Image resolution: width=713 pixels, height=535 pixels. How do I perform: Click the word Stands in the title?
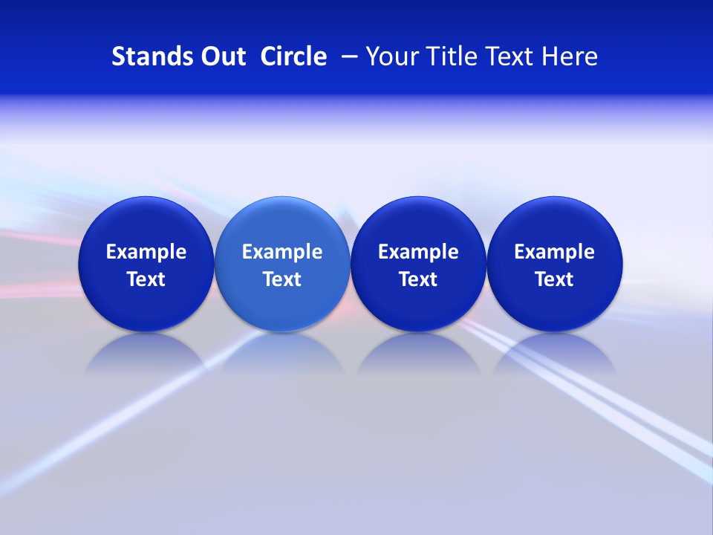tap(146, 56)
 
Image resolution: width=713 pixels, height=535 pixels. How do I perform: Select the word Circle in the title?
tap(293, 56)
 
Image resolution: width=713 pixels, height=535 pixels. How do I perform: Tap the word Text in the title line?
tap(506, 56)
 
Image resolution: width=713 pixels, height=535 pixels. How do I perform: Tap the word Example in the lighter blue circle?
tap(282, 252)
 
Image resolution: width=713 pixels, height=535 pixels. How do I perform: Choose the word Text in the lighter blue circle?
tap(282, 279)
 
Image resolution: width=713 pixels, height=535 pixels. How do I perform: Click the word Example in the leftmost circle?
tap(146, 252)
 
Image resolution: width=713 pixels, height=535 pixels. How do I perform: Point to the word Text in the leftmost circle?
tap(146, 279)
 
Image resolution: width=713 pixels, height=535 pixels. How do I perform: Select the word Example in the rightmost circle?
tap(554, 252)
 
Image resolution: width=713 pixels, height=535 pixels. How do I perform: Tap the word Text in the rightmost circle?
tap(554, 279)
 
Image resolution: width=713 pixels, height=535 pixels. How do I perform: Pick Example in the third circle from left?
tap(418, 252)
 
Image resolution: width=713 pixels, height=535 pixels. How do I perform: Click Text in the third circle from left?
tap(418, 279)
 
